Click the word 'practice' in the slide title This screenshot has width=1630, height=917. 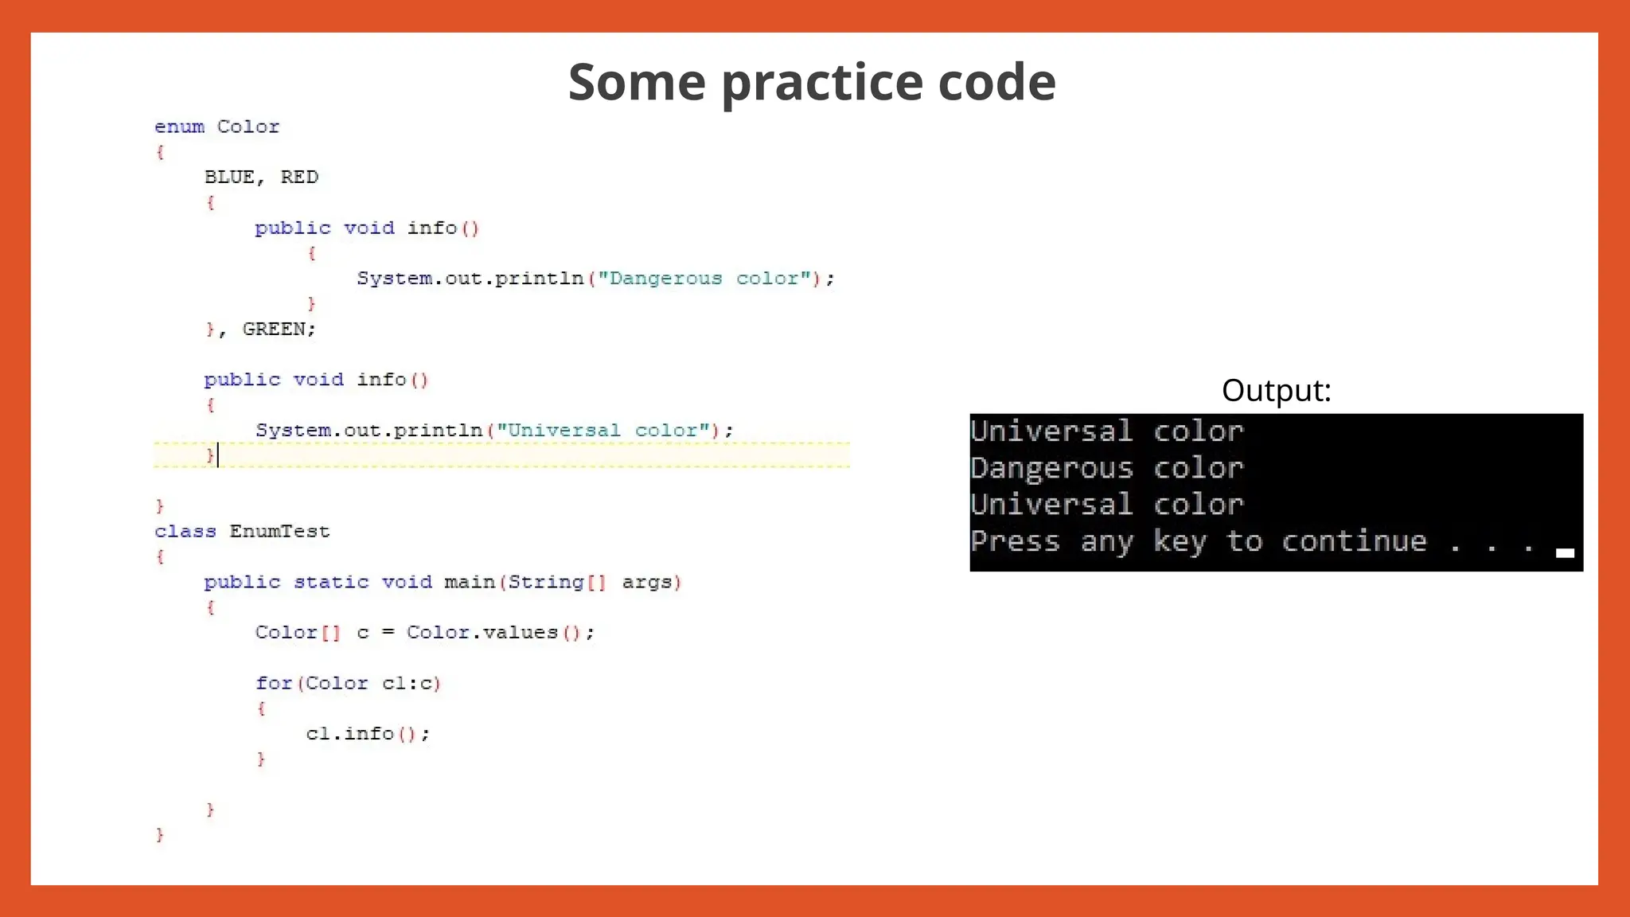822,83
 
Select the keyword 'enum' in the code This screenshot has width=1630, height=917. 179,127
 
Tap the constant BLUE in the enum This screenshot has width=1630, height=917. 229,178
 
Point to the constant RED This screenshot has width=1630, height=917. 299,178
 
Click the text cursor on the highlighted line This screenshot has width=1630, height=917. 218,455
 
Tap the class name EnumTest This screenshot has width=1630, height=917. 279,532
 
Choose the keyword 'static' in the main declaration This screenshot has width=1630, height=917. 331,583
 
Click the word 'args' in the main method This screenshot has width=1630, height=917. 646,583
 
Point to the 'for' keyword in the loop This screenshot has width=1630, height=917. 274,684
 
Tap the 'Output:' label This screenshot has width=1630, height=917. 1276,391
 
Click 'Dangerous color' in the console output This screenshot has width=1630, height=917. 1106,468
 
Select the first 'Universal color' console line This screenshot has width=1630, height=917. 1106,431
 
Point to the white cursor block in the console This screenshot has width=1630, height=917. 1565,553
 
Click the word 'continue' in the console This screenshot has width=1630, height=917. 1354,542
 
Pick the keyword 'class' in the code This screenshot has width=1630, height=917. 185,532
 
